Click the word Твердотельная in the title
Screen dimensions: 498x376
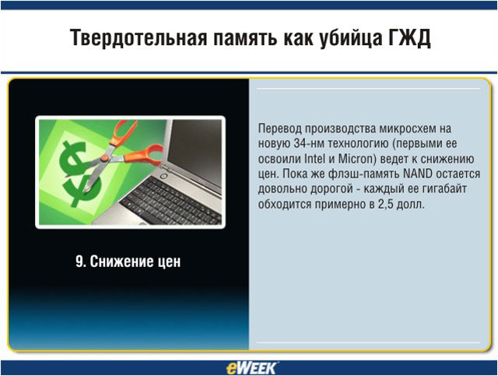(139, 37)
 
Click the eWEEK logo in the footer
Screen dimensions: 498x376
(251, 368)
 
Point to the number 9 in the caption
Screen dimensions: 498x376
(79, 262)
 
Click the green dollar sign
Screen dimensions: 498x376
(79, 174)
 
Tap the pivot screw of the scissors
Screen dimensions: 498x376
(104, 158)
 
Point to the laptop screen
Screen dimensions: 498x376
(195, 151)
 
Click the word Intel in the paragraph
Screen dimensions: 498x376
(314, 158)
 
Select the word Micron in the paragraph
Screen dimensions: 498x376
(356, 158)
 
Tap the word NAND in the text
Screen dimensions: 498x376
(417, 174)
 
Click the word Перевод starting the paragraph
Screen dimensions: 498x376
(280, 128)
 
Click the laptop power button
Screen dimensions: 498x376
(163, 175)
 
